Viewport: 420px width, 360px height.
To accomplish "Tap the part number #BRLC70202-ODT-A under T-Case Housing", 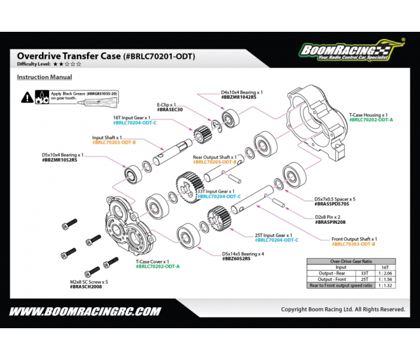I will point(371,119).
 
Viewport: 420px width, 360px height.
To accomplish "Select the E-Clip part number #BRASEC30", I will point(170,110).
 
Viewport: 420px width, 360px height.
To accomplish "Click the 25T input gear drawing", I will point(219,218).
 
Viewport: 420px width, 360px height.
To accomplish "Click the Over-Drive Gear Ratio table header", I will point(355,262).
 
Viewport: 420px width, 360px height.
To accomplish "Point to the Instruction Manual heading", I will point(44,77).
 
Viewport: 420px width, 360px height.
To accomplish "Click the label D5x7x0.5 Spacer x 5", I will point(335,199).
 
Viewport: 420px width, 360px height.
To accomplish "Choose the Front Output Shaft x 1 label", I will point(354,239).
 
